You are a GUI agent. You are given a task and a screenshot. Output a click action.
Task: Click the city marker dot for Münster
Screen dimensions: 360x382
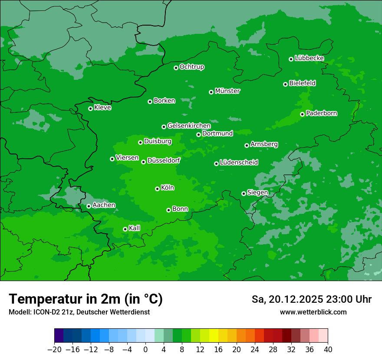tap(211, 92)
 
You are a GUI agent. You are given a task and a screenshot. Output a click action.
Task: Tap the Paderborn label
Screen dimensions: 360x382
tap(321, 113)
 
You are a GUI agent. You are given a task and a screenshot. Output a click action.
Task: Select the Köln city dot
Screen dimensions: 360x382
tap(157, 189)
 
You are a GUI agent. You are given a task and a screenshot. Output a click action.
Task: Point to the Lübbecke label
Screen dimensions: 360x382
tap(309, 58)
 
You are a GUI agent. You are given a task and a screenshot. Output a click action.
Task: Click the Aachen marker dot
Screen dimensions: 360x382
tap(89, 206)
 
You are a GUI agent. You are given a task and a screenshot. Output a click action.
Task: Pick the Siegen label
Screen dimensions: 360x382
tap(257, 192)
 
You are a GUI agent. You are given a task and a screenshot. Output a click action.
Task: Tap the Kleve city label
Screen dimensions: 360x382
tap(102, 108)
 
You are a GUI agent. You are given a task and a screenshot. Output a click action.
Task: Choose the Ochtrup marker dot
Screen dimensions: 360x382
tap(176, 68)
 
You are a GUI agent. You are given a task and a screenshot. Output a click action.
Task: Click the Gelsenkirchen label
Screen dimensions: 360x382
tap(189, 126)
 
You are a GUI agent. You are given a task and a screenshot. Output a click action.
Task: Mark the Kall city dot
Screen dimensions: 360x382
tap(125, 229)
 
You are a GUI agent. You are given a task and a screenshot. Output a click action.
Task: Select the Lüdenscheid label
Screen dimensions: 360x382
tap(239, 163)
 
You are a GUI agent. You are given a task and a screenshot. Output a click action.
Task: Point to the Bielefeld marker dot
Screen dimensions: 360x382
tap(285, 84)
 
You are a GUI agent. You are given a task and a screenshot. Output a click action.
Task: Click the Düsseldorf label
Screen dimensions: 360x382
tap(163, 160)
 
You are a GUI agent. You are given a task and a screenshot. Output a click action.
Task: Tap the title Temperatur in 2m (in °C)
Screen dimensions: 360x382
tap(86, 299)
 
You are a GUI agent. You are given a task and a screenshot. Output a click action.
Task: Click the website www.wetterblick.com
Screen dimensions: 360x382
tap(313, 312)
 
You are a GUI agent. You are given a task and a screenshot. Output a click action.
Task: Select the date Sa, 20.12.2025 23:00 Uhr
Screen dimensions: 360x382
tap(311, 299)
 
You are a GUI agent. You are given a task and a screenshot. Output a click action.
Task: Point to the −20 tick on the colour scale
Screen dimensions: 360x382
tap(54, 350)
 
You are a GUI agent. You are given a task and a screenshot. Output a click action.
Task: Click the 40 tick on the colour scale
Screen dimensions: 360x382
tap(328, 350)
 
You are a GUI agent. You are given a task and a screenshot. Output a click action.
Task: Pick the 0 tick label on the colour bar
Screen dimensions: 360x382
tap(145, 350)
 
